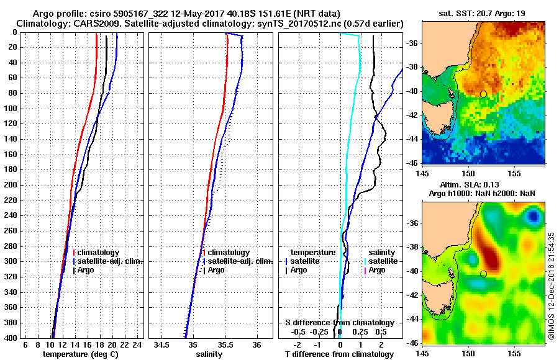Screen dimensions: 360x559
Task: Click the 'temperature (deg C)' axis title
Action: [80, 354]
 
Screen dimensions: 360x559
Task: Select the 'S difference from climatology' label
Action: [340, 323]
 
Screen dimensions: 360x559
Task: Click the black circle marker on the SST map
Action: [483, 94]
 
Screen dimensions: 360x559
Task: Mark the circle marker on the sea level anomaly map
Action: [483, 274]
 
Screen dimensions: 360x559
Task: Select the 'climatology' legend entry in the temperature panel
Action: [98, 253]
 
